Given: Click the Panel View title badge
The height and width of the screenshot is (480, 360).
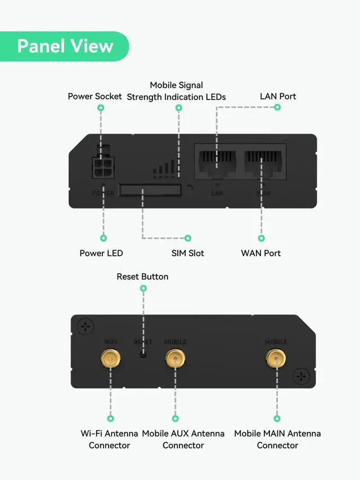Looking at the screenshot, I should pyautogui.click(x=65, y=46).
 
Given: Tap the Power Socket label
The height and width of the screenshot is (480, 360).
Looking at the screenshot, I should pyautogui.click(x=94, y=96).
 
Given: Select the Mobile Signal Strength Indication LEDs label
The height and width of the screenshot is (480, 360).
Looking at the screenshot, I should pyautogui.click(x=176, y=91).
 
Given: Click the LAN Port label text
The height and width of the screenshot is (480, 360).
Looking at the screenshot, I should pyautogui.click(x=278, y=96).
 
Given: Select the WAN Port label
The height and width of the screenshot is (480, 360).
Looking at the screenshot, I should pyautogui.click(x=261, y=253).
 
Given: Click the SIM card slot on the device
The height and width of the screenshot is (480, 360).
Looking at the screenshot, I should pyautogui.click(x=150, y=190).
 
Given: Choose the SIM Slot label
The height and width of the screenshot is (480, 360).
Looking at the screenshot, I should pyautogui.click(x=188, y=253).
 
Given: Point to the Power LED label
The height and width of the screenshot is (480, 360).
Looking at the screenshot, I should pyautogui.click(x=101, y=253).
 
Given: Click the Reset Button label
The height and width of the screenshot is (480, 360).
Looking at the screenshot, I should pyautogui.click(x=142, y=277).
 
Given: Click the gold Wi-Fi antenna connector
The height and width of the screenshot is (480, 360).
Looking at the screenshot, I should pyautogui.click(x=110, y=357).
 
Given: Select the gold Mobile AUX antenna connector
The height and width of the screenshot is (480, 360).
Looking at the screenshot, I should pyautogui.click(x=175, y=357).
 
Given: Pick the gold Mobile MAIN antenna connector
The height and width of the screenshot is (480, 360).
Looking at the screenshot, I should pyautogui.click(x=276, y=357).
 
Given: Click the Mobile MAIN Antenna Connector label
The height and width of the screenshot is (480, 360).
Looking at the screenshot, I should pyautogui.click(x=277, y=440).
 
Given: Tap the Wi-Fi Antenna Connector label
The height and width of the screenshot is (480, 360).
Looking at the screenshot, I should pyautogui.click(x=109, y=440).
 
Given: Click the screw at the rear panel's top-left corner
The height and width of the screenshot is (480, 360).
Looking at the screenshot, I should pyautogui.click(x=85, y=325).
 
